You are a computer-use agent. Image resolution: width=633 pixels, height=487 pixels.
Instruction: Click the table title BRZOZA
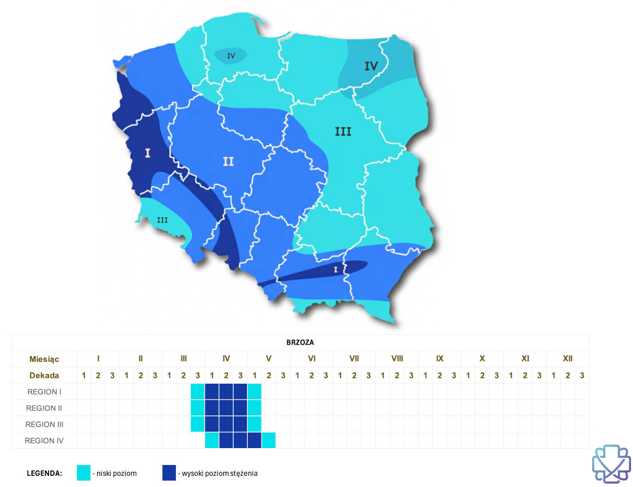pyautogui.click(x=300, y=342)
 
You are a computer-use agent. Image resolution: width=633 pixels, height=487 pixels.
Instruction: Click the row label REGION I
pyautogui.click(x=44, y=392)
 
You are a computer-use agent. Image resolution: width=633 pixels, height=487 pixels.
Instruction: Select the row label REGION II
pyautogui.click(x=44, y=408)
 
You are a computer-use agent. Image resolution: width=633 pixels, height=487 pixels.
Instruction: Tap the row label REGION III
pyautogui.click(x=44, y=424)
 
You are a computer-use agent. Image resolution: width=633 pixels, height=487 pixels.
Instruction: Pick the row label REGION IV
pyautogui.click(x=44, y=441)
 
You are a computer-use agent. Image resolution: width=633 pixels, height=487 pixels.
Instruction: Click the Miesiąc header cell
pyautogui.click(x=44, y=359)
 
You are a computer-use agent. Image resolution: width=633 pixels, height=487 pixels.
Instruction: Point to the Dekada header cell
pyautogui.click(x=44, y=375)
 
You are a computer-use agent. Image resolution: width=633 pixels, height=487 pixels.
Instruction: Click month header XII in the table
pyautogui.click(x=567, y=358)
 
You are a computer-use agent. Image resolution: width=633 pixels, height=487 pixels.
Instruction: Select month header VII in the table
pyautogui.click(x=354, y=358)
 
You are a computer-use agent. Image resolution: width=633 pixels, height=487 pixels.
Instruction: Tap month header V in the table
pyautogui.click(x=268, y=358)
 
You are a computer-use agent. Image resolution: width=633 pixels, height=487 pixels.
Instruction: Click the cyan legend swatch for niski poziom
pyautogui.click(x=84, y=473)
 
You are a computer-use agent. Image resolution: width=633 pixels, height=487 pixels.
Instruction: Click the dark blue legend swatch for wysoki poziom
pyautogui.click(x=169, y=473)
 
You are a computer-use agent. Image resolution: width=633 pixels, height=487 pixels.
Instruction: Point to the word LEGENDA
pyautogui.click(x=44, y=473)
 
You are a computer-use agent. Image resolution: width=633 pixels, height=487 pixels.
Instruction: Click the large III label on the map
pyautogui.click(x=343, y=131)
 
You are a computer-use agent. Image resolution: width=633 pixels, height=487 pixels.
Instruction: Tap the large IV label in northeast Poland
pyautogui.click(x=371, y=66)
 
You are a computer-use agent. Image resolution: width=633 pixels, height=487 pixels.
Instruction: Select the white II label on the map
pyautogui.click(x=228, y=161)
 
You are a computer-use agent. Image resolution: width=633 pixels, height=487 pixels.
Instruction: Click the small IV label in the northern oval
pyautogui.click(x=231, y=56)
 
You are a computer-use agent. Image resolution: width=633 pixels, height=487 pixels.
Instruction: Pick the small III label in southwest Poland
pyautogui.click(x=162, y=220)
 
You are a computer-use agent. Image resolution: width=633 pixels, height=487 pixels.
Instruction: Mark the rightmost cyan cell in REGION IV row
pyautogui.click(x=268, y=440)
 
